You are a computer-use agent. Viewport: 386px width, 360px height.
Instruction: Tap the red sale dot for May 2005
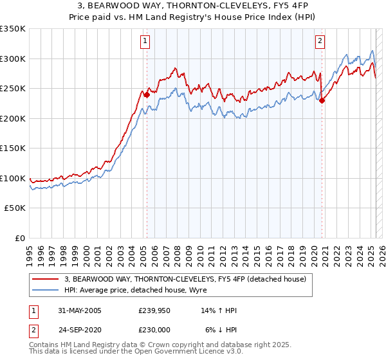point(147,94)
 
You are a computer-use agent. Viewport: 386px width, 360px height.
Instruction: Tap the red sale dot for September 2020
point(322,100)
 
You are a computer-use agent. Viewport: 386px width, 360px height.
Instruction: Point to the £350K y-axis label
point(13,29)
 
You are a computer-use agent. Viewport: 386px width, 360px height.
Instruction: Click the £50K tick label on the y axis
point(15,208)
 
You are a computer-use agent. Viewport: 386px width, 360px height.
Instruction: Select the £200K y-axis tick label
point(13,118)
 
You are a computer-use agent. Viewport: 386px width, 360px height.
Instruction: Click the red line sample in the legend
point(46,278)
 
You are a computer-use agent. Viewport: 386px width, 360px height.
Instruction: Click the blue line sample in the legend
point(46,290)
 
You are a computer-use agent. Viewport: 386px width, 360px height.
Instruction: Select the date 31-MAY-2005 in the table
point(78,310)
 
